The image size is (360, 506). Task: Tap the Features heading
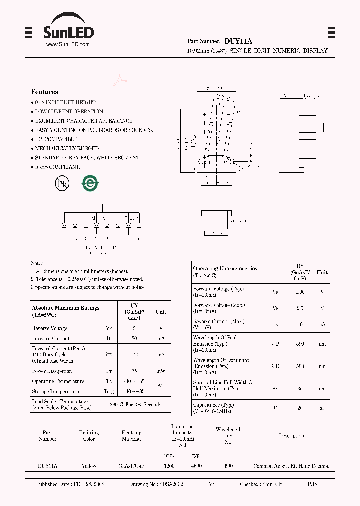point(44,92)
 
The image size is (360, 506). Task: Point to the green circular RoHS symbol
point(90,183)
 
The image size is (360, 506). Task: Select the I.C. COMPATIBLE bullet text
point(56,139)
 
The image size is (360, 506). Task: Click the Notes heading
point(38,263)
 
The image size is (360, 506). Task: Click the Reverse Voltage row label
point(49,328)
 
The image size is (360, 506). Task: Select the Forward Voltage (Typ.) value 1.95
point(300,292)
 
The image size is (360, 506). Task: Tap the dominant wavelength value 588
point(300,366)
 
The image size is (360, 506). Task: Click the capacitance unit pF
point(322,408)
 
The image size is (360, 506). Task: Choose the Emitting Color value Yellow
point(89,466)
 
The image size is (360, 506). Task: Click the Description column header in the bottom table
point(291,436)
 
